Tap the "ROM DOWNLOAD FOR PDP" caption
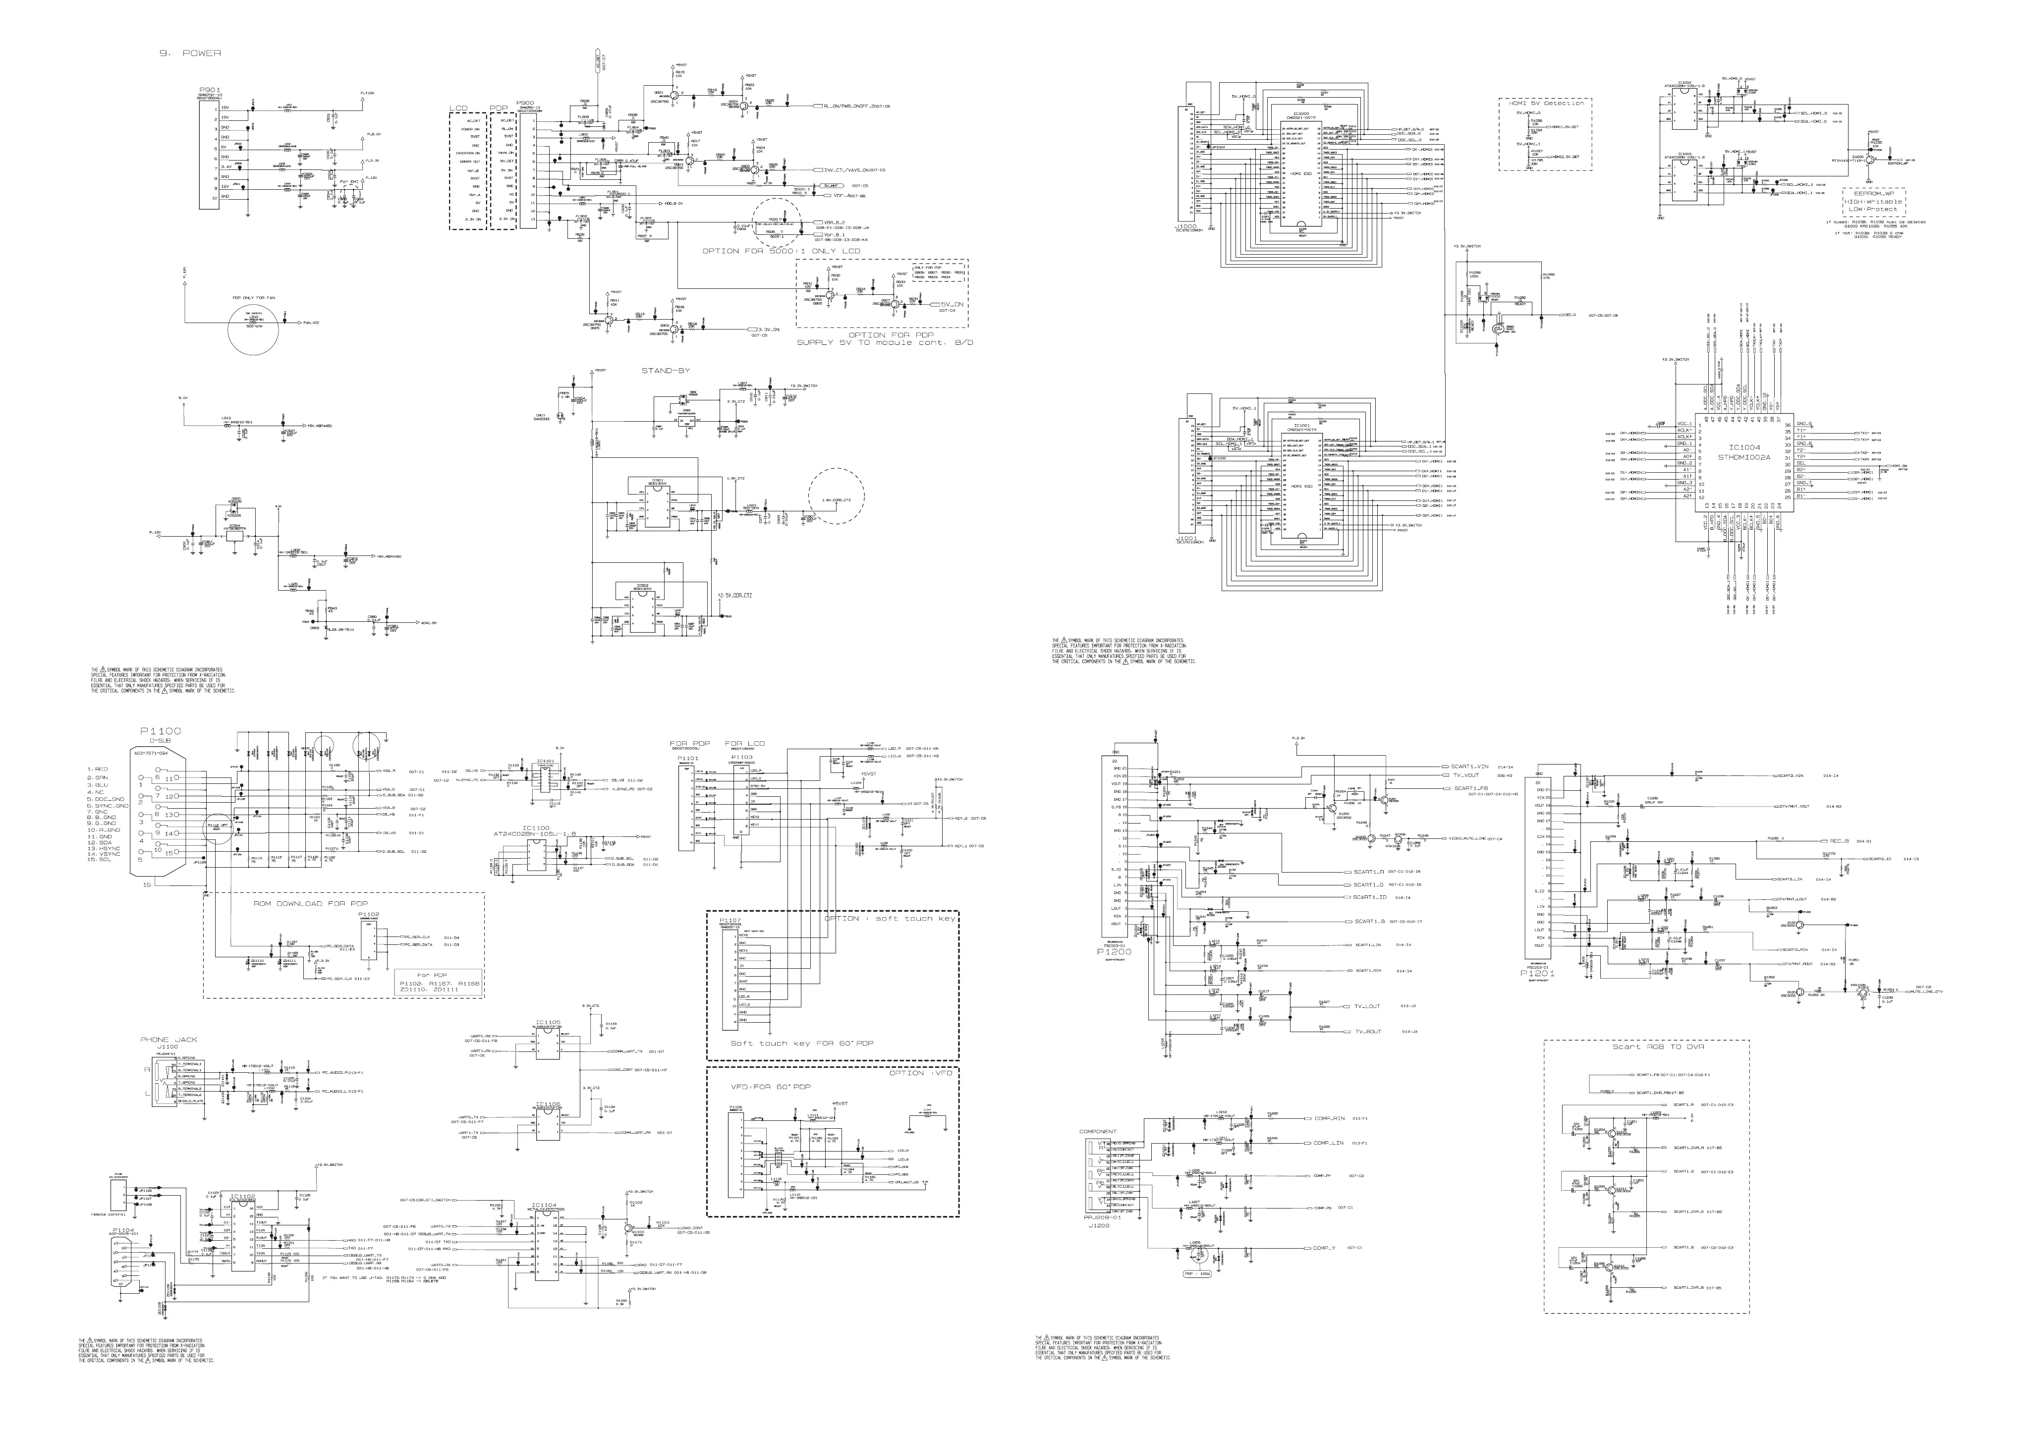click(x=310, y=905)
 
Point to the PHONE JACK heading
click(x=169, y=1040)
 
